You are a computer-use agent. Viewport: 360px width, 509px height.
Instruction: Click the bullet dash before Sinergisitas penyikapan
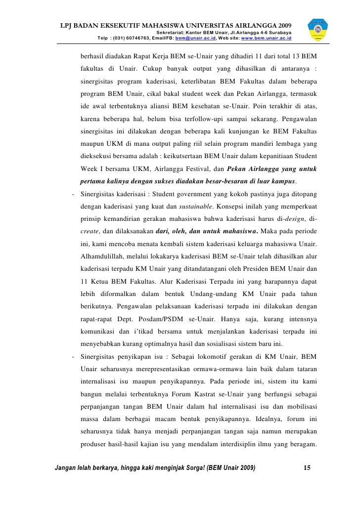point(73,356)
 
